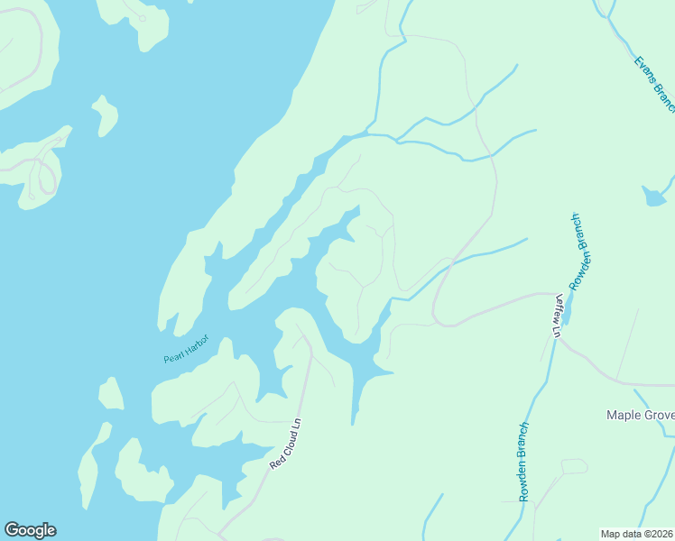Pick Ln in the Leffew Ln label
pos(557,329)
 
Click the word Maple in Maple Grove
pos(624,416)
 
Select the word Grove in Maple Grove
pos(661,416)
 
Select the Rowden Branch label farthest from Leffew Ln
pos(523,462)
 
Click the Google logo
pos(30,530)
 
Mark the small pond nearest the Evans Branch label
pos(654,196)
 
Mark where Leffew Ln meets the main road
pos(554,294)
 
